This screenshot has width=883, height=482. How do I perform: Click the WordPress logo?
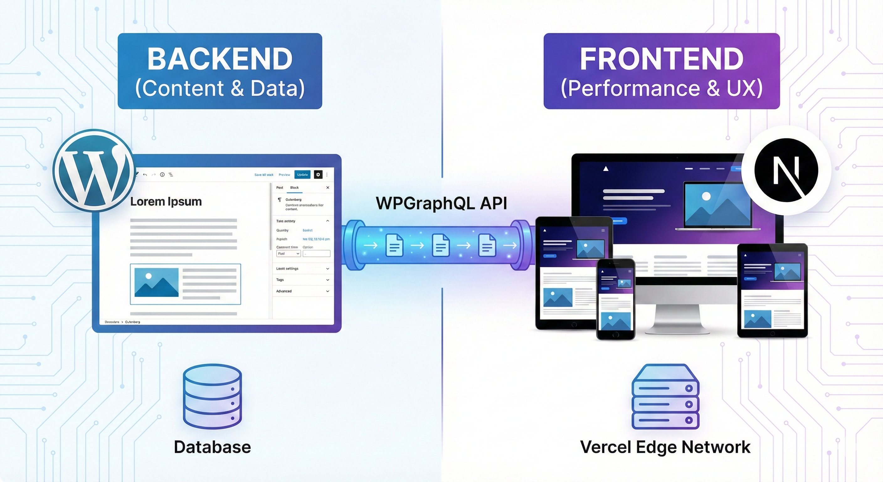point(93,170)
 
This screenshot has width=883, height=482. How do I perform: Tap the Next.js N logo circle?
point(786,170)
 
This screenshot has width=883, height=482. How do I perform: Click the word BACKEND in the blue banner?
point(220,59)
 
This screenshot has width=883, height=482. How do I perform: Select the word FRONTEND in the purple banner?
point(662,59)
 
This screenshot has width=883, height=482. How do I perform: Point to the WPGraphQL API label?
point(441,203)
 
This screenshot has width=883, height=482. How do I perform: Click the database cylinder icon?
point(213,396)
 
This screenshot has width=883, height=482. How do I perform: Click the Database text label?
point(213,447)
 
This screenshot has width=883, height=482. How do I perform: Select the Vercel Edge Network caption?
point(665,447)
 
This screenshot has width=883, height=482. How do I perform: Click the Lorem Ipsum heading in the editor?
point(166,201)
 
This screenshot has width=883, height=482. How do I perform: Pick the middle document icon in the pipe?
point(441,245)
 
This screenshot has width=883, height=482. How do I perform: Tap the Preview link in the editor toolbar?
point(284,174)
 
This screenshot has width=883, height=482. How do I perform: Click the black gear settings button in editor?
point(318,174)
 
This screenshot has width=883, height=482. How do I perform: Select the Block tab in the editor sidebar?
point(294,188)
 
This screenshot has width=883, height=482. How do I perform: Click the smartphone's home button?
point(616,335)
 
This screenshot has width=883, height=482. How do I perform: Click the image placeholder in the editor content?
point(156,282)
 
